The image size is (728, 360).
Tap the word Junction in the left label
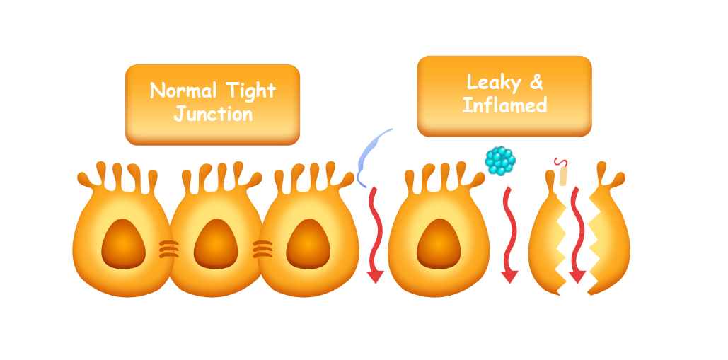pyautogui.click(x=213, y=113)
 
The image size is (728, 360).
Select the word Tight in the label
pyautogui.click(x=251, y=91)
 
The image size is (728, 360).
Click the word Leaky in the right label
pyautogui.click(x=494, y=83)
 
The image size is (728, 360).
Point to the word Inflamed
pyautogui.click(x=504, y=106)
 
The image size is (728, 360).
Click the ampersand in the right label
pyautogui.click(x=536, y=83)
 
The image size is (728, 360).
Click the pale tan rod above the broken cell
pyautogui.click(x=563, y=175)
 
